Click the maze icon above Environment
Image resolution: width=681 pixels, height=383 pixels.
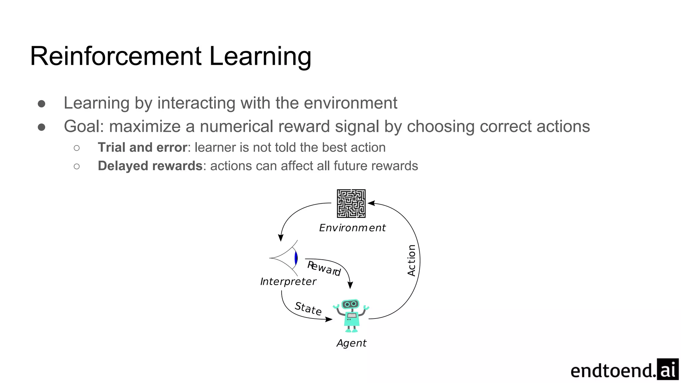click(351, 203)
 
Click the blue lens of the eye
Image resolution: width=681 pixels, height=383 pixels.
click(296, 258)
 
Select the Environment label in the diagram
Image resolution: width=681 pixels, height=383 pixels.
click(352, 228)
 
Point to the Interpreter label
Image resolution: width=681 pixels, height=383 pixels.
click(288, 282)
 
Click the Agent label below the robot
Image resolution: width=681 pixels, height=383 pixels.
click(351, 343)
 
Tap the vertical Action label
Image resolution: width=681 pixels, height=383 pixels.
click(412, 260)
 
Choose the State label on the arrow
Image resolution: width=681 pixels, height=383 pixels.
click(308, 309)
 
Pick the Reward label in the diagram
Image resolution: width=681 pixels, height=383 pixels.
click(324, 269)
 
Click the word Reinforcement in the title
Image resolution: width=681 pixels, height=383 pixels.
click(116, 56)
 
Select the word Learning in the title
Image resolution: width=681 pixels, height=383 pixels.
click(260, 57)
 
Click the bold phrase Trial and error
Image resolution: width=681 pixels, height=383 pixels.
click(142, 147)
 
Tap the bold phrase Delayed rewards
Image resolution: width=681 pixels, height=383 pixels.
click(150, 166)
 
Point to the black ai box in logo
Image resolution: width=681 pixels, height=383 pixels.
click(668, 369)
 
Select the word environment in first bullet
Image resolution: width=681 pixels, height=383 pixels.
click(350, 103)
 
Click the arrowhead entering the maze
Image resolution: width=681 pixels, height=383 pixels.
click(371, 203)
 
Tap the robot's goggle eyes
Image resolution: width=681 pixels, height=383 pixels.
click(350, 304)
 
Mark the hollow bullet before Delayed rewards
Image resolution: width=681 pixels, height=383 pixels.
click(77, 166)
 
